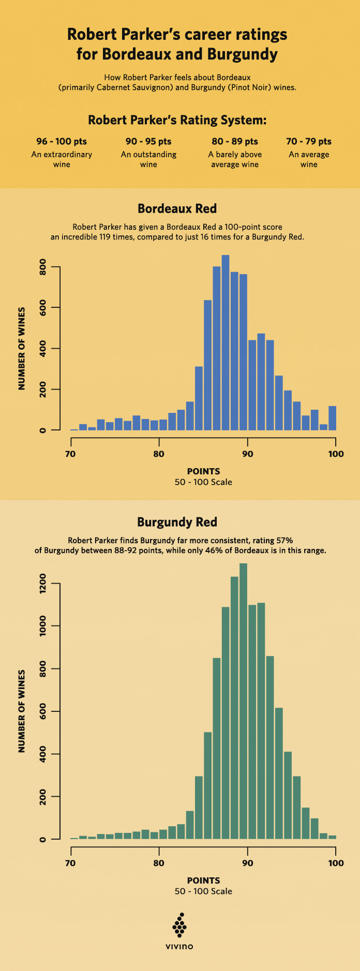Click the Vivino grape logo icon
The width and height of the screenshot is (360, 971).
(179, 925)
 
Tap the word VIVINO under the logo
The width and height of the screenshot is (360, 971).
(179, 947)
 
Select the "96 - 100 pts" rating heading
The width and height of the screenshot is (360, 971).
(62, 141)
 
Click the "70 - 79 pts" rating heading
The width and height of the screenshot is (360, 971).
(309, 141)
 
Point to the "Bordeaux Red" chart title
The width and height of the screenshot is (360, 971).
(177, 208)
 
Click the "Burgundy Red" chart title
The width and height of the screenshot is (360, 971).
(177, 522)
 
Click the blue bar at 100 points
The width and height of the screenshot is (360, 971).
(333, 418)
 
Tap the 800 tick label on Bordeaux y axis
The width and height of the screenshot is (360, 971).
(43, 267)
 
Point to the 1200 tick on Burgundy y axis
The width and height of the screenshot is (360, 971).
(43, 584)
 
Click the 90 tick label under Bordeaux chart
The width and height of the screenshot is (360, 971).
(248, 454)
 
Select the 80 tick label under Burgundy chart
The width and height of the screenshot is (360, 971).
(159, 863)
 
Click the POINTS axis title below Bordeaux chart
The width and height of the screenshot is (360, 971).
(203, 471)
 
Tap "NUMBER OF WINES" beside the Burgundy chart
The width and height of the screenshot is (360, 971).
(22, 711)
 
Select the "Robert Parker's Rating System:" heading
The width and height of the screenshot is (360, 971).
(177, 120)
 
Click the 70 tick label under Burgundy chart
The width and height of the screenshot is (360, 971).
(70, 863)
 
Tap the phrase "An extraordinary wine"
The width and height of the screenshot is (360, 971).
(62, 159)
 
